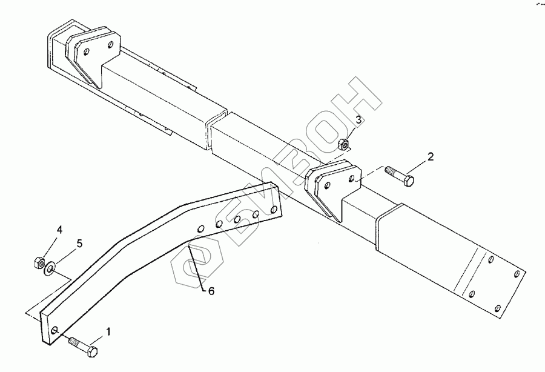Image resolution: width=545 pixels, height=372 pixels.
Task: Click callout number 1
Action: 108,331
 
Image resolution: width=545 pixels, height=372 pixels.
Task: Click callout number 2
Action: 431,157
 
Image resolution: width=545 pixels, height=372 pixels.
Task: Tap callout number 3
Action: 358,120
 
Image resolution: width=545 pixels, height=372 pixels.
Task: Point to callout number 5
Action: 79,244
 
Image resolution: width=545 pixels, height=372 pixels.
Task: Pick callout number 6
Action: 211,291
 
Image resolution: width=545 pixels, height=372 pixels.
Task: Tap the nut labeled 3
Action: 343,144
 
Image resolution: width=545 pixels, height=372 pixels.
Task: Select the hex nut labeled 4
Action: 38,262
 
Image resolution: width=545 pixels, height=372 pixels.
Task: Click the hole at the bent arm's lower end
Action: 56,331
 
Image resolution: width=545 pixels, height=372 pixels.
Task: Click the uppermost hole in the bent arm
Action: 276,208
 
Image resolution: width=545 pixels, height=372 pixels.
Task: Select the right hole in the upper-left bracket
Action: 111,43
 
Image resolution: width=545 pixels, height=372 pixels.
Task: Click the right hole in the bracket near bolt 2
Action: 352,178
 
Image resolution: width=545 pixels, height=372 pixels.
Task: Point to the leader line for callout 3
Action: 351,131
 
